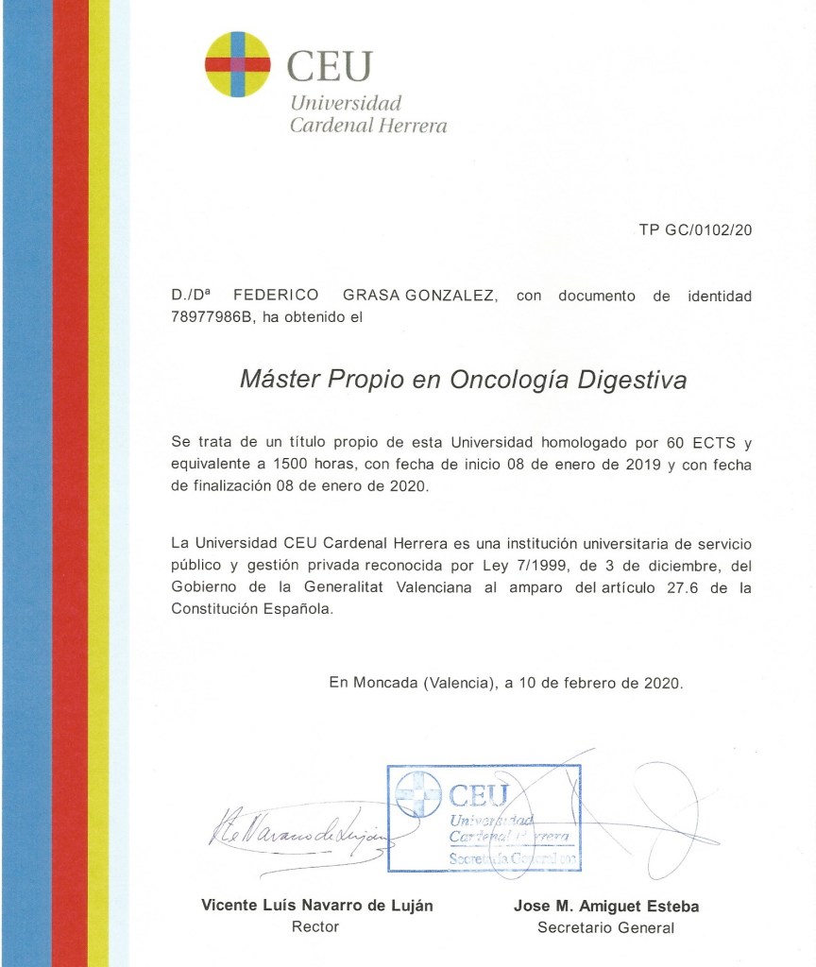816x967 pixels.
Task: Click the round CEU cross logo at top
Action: pyautogui.click(x=237, y=64)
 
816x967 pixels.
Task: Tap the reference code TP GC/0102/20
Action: pyautogui.click(x=695, y=229)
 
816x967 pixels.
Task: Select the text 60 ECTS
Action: pyautogui.click(x=699, y=441)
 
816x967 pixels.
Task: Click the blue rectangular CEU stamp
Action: pyautogui.click(x=484, y=818)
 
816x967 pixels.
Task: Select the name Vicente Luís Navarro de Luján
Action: pyautogui.click(x=316, y=906)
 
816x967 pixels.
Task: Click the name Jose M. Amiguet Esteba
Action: pyautogui.click(x=605, y=906)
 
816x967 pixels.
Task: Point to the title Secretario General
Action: pyautogui.click(x=605, y=927)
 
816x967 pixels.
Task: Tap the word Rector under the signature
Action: pyautogui.click(x=315, y=927)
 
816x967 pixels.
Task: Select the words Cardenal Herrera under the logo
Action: pyautogui.click(x=367, y=126)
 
